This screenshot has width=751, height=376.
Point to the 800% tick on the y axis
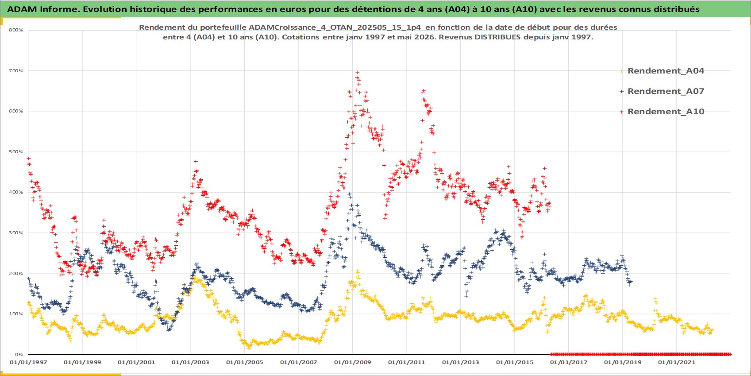click(x=16, y=30)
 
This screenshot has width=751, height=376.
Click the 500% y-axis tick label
click(x=16, y=151)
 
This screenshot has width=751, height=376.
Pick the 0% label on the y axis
click(x=19, y=354)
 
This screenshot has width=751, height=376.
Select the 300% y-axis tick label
click(x=16, y=233)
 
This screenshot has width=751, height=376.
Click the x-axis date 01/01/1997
click(x=28, y=362)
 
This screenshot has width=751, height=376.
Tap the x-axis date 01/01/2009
click(x=352, y=362)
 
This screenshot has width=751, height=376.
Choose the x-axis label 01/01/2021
click(x=677, y=362)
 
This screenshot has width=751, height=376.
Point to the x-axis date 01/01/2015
click(x=515, y=362)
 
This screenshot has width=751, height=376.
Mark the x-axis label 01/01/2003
click(x=190, y=362)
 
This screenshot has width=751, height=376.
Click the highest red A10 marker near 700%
click(x=358, y=73)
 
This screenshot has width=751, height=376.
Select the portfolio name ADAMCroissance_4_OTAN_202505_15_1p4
click(x=335, y=27)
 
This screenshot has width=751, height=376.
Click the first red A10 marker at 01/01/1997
click(x=28, y=158)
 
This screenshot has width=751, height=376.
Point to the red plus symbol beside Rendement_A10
click(x=622, y=112)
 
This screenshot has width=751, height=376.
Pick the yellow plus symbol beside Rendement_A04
click(x=622, y=71)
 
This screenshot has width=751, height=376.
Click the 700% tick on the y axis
click(x=16, y=71)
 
